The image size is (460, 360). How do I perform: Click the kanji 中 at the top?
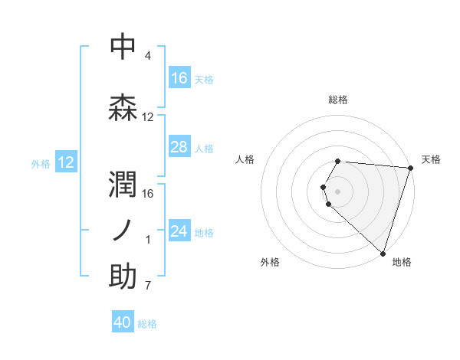(x=123, y=47)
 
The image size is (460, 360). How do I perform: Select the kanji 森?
(x=123, y=107)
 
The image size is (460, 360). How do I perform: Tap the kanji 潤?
(x=123, y=185)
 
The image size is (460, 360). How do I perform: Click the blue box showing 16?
(x=179, y=78)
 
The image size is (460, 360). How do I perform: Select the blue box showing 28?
(x=179, y=147)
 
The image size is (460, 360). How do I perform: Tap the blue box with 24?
(x=179, y=231)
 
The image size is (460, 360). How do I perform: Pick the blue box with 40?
(x=123, y=322)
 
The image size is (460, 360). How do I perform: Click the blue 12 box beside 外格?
(x=66, y=162)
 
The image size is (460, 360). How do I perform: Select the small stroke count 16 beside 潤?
(x=149, y=194)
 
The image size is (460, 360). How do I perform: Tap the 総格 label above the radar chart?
(x=338, y=100)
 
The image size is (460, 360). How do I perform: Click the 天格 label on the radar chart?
(x=431, y=159)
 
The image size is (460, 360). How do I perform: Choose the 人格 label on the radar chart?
(x=245, y=159)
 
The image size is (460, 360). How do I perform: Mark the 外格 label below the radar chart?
(x=270, y=262)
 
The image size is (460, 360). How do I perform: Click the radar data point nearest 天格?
(x=410, y=168)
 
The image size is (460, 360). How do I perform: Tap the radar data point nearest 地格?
(x=383, y=253)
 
